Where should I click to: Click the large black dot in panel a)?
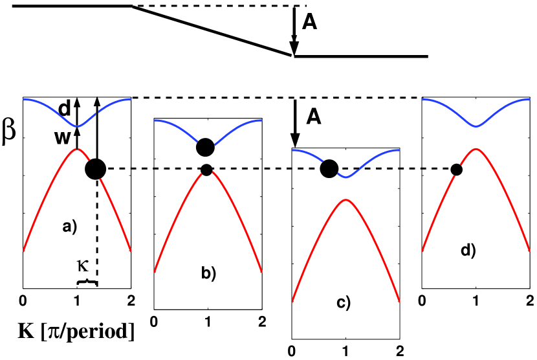[x=95, y=170]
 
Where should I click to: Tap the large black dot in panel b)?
[x=205, y=148]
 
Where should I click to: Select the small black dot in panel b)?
[x=206, y=170]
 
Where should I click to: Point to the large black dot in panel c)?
[x=329, y=169]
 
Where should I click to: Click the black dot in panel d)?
[x=456, y=170]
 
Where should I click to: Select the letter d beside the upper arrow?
[x=65, y=108]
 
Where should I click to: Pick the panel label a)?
[x=70, y=227]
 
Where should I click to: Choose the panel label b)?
[x=208, y=274]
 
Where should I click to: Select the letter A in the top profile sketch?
[x=310, y=24]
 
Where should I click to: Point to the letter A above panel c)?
[x=314, y=117]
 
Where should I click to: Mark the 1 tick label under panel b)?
[x=208, y=321]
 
